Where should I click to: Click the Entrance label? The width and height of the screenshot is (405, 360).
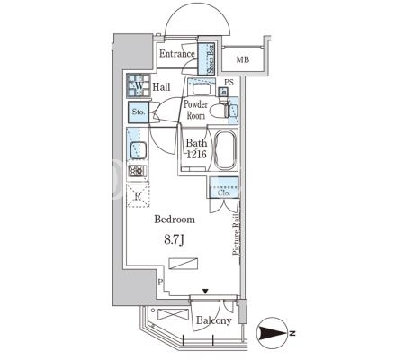coord(177,54)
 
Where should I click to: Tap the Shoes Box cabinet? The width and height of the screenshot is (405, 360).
coord(207,58)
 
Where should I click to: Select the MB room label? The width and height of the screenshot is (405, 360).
coord(243,60)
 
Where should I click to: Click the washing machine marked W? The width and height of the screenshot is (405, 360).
coord(139,85)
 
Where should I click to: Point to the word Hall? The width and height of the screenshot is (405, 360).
coord(161,87)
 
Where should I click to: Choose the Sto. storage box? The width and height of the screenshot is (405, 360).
coord(139,112)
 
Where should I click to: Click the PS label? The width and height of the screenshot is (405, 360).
coord(229,82)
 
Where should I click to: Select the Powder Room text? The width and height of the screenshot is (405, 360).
coord(196,110)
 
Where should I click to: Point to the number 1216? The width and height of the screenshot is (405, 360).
coord(196,154)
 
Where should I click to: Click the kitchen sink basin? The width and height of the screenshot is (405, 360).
coord(138,150)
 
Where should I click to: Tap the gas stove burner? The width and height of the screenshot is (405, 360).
coord(137,171)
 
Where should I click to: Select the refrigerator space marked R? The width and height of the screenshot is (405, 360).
coord(138,196)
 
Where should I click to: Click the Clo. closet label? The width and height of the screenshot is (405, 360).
coord(224,193)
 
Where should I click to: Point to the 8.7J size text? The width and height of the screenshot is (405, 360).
coord(174,240)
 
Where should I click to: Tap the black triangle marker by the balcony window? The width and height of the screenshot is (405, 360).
coord(205,291)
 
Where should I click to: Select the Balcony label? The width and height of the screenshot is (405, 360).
coord(214,320)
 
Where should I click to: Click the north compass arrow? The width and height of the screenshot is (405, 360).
coord(273,333)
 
